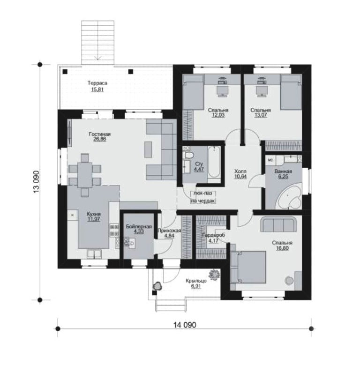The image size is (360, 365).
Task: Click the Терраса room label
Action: (97, 83)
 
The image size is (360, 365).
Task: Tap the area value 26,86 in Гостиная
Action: (100, 139)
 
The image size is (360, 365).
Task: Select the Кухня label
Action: (94, 214)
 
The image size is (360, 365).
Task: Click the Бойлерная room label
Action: (139, 226)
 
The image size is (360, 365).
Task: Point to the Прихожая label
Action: (169, 231)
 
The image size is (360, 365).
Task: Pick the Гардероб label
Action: (214, 235)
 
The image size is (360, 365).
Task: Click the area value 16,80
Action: (282, 248)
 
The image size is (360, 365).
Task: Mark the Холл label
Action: (240, 171)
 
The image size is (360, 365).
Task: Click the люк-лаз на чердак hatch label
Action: (203, 197)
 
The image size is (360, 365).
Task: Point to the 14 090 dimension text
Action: (185, 325)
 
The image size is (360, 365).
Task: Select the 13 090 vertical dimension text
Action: (36, 182)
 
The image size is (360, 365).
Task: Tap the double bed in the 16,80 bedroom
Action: (248, 267)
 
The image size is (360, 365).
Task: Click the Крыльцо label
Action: (196, 281)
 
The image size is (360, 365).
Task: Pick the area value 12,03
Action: (218, 115)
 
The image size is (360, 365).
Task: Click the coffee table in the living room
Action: (148, 149)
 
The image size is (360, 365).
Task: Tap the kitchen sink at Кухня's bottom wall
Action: (94, 254)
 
